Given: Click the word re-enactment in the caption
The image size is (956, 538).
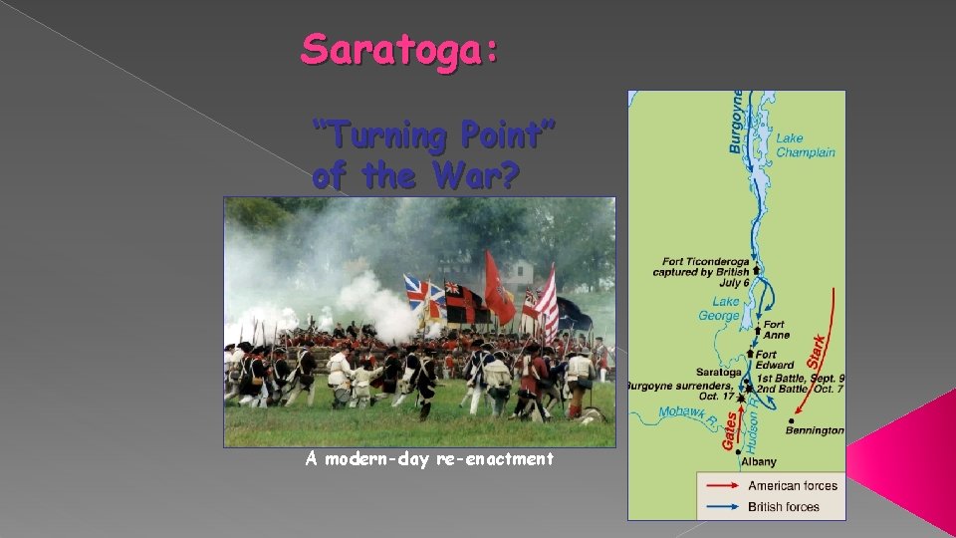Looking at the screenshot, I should [x=495, y=458].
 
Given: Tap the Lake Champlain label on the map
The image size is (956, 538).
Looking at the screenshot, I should [x=805, y=145].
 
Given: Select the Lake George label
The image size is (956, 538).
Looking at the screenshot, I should [x=725, y=309].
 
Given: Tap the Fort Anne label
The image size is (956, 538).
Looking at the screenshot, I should [x=776, y=330].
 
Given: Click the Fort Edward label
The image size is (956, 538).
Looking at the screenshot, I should [x=776, y=360].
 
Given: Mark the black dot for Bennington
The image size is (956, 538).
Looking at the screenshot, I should [x=791, y=420].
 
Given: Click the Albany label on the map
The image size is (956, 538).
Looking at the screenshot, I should [x=758, y=462].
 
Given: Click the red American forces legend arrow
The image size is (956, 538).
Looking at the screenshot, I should [x=720, y=486].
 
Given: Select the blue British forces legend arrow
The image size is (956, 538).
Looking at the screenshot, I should [x=720, y=507].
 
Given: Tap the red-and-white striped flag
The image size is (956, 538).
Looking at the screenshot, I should [x=547, y=304].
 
